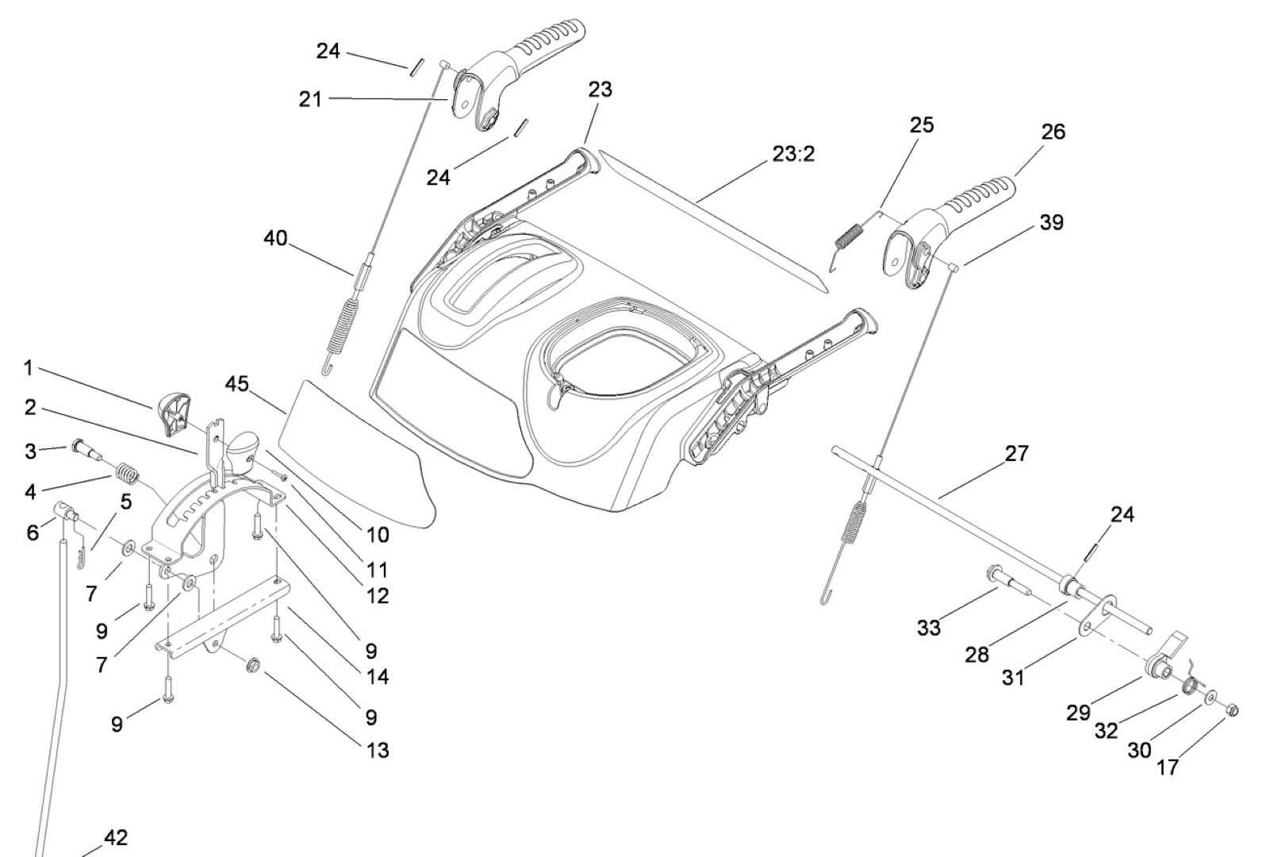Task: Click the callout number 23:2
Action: coord(792,154)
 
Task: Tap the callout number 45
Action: coord(236,385)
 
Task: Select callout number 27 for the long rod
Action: coord(1016,454)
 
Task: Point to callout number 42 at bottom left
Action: coord(116,838)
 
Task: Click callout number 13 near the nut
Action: coord(378,750)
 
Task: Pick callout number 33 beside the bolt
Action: coord(928,628)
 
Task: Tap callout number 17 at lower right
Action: coord(1168,767)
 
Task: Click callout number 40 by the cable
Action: coord(275,237)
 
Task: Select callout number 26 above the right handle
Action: coord(1053,133)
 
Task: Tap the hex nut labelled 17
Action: coord(1231,709)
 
